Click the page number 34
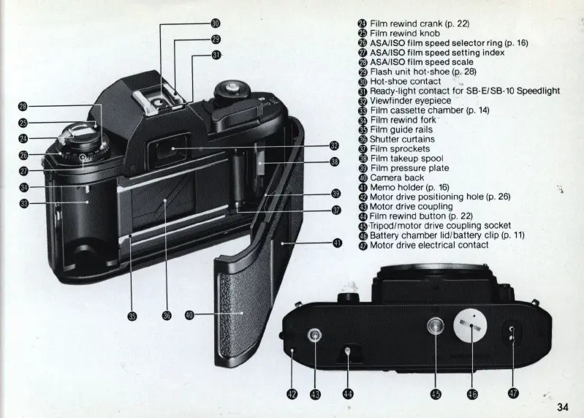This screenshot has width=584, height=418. point(562,408)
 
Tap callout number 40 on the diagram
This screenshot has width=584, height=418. point(189,315)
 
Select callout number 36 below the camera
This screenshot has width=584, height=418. point(167,315)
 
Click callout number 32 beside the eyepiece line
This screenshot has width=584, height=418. point(335,145)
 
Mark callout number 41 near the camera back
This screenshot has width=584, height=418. point(337,243)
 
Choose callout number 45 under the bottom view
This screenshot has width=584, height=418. point(436,394)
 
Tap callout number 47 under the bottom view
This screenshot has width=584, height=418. point(513,394)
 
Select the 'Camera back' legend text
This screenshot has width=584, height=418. point(397,178)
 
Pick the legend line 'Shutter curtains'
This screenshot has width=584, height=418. point(402,139)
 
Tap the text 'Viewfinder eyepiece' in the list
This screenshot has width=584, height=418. point(412,101)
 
